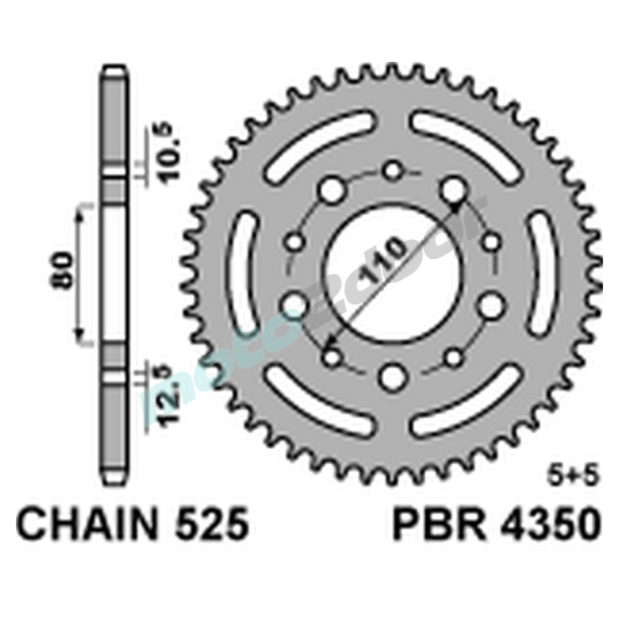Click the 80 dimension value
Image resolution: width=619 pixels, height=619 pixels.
click(x=64, y=272)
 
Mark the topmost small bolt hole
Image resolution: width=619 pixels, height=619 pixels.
click(x=392, y=171)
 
